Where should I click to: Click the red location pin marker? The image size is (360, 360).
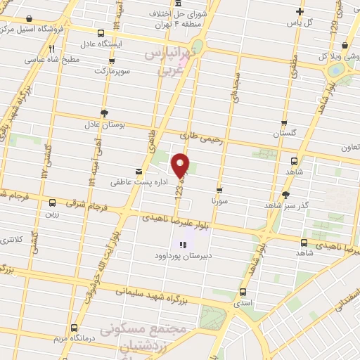181,164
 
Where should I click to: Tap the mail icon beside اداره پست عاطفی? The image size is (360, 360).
139,171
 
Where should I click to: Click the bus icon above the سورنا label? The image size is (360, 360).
219,189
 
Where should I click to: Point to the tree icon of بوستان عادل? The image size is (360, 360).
105,112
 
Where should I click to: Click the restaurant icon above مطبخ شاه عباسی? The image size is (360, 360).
51,49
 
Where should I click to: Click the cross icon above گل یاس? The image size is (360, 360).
300,11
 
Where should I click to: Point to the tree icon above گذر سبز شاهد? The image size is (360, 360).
285,195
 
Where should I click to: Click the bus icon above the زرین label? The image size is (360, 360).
51,202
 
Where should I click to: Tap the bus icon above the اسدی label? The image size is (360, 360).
243,292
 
